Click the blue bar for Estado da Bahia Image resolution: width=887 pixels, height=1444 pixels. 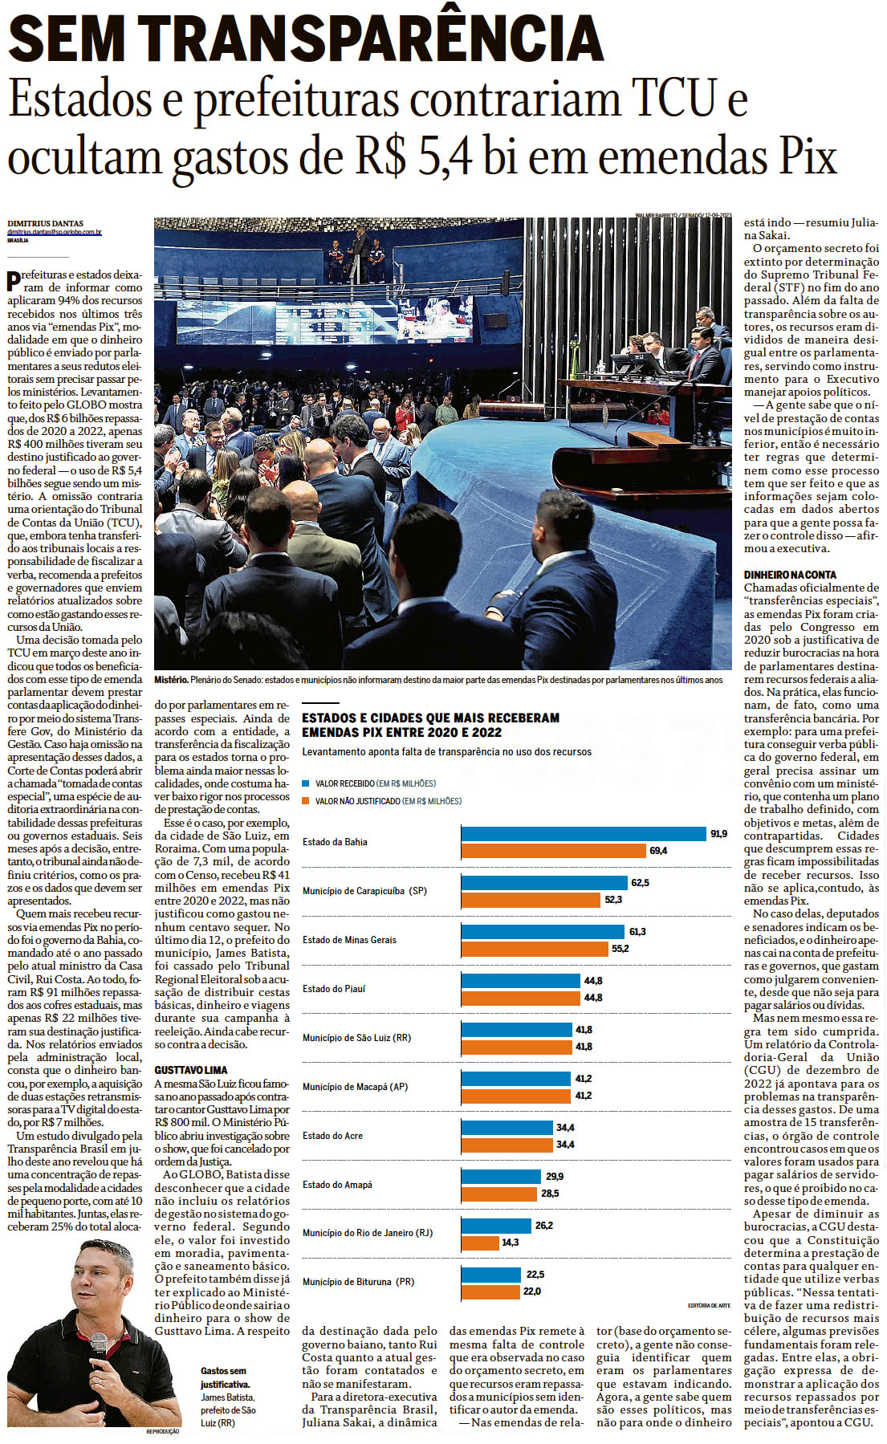pyautogui.click(x=583, y=834)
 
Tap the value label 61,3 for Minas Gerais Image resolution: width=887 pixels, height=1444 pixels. pyautogui.click(x=637, y=931)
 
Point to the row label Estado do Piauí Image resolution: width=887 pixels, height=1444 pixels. pyautogui.click(x=333, y=989)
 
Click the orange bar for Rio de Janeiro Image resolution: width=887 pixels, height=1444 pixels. pyautogui.click(x=480, y=1243)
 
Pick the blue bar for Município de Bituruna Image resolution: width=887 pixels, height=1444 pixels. pyautogui.click(x=490, y=1275)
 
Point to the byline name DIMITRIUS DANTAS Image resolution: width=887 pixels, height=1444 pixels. pyautogui.click(x=45, y=223)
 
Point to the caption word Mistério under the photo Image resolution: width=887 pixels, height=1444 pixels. pyautogui.click(x=171, y=680)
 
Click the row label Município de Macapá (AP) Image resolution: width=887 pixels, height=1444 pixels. pyautogui.click(x=355, y=1087)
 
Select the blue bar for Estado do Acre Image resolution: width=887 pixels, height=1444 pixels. pyautogui.click(x=507, y=1128)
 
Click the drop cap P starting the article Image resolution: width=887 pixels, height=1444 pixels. pyautogui.click(x=14, y=281)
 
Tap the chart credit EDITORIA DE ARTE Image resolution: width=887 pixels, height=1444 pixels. pyautogui.click(x=709, y=1306)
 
